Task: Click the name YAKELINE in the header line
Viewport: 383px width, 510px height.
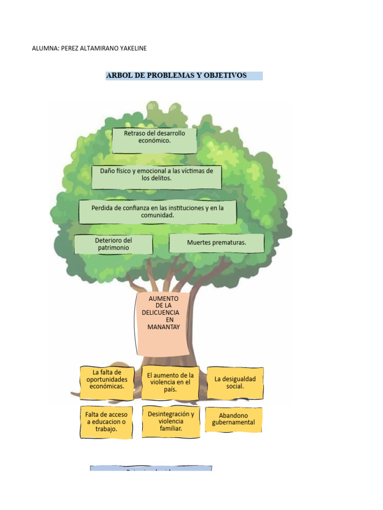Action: [131, 48]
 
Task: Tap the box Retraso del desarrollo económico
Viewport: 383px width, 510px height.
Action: [154, 140]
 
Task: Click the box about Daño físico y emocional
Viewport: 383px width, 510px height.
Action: [157, 177]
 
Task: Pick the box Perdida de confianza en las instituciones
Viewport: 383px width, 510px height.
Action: [158, 212]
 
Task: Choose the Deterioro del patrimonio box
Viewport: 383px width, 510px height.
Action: [113, 244]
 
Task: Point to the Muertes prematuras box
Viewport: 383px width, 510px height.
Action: [216, 243]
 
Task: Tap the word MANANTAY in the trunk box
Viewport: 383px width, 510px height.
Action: [163, 327]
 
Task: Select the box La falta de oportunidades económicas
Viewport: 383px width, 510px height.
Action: [107, 382]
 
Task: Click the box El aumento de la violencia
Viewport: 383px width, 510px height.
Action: [170, 382]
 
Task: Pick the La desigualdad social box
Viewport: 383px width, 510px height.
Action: [235, 382]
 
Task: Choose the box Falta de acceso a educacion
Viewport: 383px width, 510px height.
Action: [106, 422]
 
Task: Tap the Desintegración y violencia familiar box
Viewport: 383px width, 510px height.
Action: [171, 421]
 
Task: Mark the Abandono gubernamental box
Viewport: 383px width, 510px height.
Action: [233, 419]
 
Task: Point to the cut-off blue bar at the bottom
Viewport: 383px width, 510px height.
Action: [151, 469]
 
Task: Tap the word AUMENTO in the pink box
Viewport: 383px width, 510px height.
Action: [164, 298]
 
